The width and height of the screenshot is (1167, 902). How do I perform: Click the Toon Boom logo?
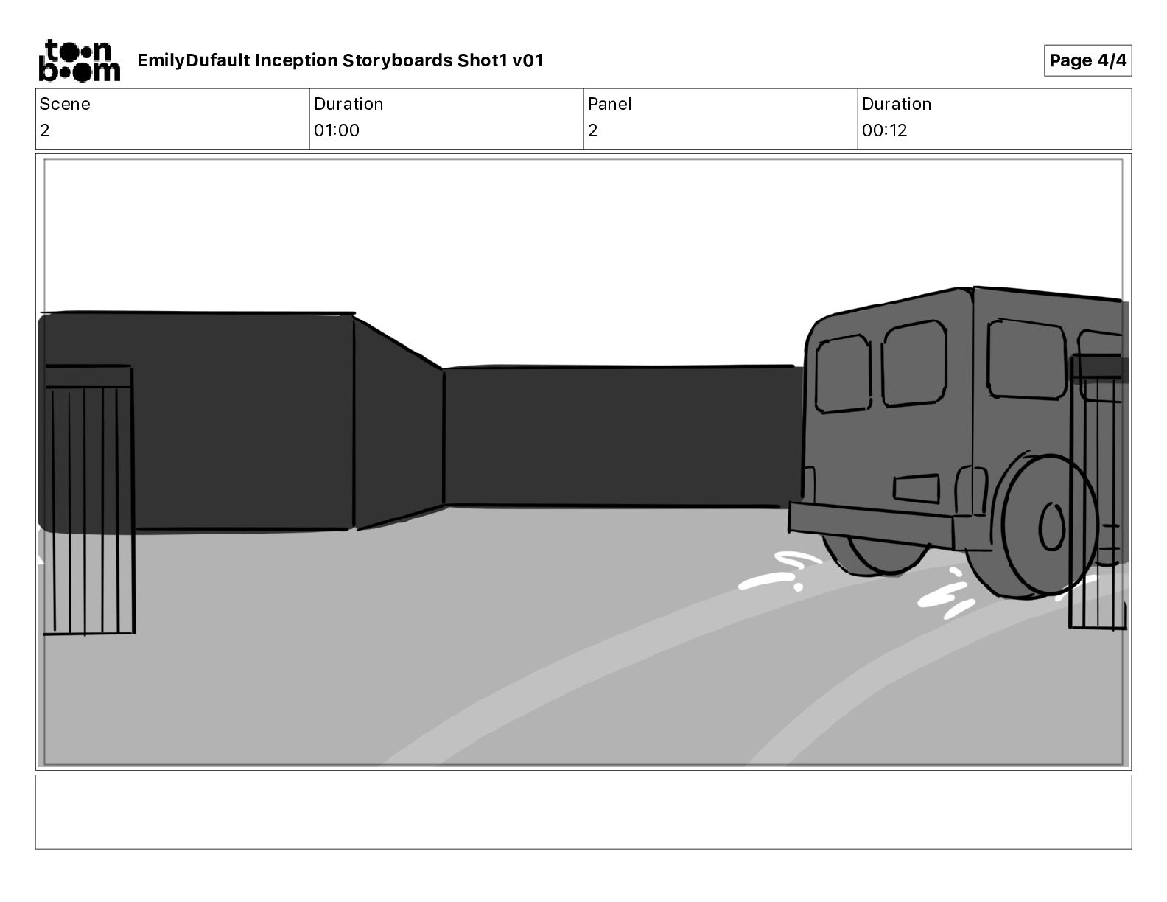(x=80, y=60)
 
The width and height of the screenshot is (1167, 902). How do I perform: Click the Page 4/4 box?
(x=1087, y=60)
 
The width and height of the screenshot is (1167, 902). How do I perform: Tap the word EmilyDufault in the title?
(x=194, y=60)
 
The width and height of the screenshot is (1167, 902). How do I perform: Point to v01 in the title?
(x=528, y=60)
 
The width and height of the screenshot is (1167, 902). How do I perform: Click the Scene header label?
(x=64, y=104)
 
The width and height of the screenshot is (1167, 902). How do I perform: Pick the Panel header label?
(x=609, y=104)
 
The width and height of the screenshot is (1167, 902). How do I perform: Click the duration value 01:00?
(x=337, y=130)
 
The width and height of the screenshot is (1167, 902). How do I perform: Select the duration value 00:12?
(x=885, y=130)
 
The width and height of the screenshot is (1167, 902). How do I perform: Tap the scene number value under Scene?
(x=45, y=130)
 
